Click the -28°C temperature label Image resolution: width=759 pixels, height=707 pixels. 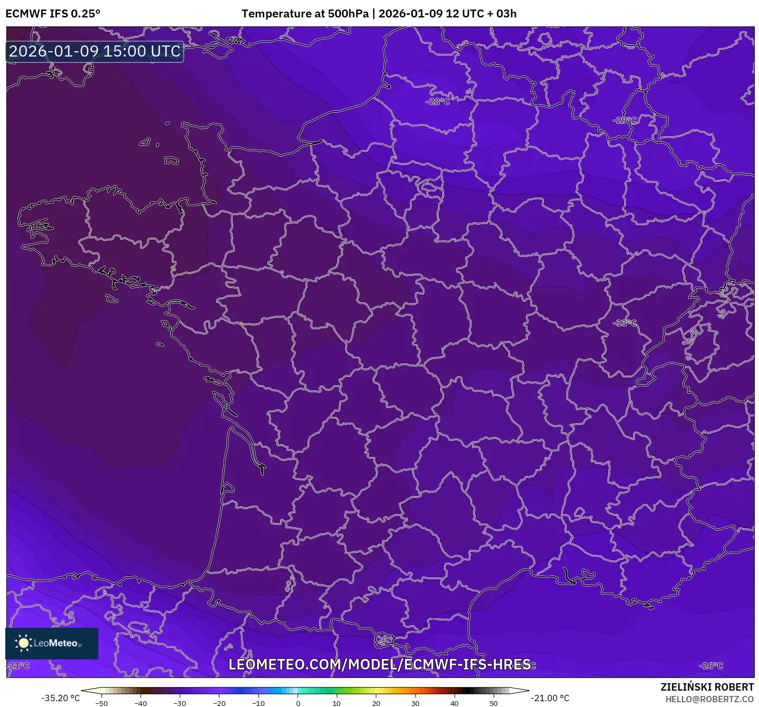pos(438,101)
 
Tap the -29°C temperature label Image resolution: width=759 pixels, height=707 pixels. pos(625,120)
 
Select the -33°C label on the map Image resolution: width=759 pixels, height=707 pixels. pos(625,322)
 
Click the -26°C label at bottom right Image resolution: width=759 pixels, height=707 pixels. pos(711,665)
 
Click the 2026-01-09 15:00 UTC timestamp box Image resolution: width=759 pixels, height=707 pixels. pos(95,51)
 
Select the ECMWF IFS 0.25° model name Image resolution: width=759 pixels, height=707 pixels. pos(53,14)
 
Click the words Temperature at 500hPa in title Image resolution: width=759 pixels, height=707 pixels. pos(305,14)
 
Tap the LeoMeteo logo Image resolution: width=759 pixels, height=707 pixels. pos(52,643)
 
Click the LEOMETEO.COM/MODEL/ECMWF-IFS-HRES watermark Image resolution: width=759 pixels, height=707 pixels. pos(379,664)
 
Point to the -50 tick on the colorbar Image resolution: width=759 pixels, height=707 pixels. pos(101,703)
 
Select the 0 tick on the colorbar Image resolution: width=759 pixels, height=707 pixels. pos(298,703)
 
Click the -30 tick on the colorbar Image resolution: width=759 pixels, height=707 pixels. pos(180,703)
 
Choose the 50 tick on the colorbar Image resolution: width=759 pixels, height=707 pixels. pos(493,703)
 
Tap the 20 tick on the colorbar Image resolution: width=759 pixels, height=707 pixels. pos(376,703)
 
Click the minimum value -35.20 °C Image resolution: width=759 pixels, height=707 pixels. pos(60,698)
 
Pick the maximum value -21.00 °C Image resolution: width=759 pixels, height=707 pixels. pos(550,698)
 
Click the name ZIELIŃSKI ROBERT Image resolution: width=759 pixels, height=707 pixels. pos(707,687)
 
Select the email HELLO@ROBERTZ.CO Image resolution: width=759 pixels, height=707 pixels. pos(709,699)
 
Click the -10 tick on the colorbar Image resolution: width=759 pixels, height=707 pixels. pos(258,703)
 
